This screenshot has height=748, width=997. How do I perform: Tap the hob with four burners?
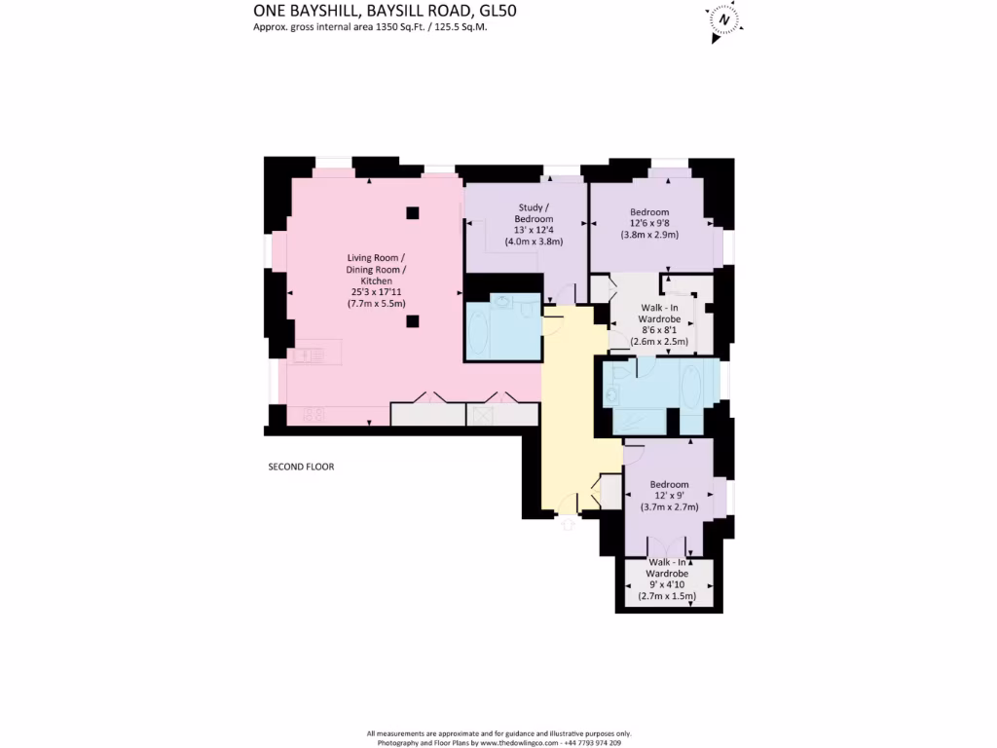pyautogui.click(x=313, y=414)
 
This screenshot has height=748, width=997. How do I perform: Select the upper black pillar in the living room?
pyautogui.click(x=413, y=212)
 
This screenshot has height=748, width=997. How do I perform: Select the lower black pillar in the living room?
pyautogui.click(x=413, y=321)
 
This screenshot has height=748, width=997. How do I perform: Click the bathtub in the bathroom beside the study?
pyautogui.click(x=482, y=331)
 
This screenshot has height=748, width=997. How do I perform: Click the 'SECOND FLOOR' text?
pyautogui.click(x=301, y=467)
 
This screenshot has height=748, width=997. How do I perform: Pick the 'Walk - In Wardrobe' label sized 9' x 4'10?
pyautogui.click(x=669, y=568)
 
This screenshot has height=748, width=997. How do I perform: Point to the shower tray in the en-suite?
pyautogui.click(x=640, y=421)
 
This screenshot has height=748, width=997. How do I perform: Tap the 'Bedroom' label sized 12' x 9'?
pyautogui.click(x=670, y=484)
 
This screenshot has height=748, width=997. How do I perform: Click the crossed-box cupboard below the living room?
pyautogui.click(x=481, y=415)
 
